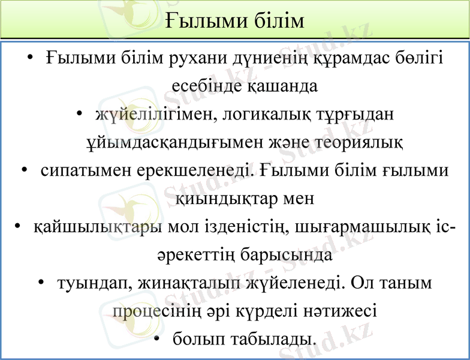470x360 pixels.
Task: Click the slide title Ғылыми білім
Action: tap(235, 20)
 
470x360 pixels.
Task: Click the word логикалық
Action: tap(264, 114)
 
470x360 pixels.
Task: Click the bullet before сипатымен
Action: tap(25, 170)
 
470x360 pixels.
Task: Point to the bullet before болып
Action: tap(156, 339)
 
